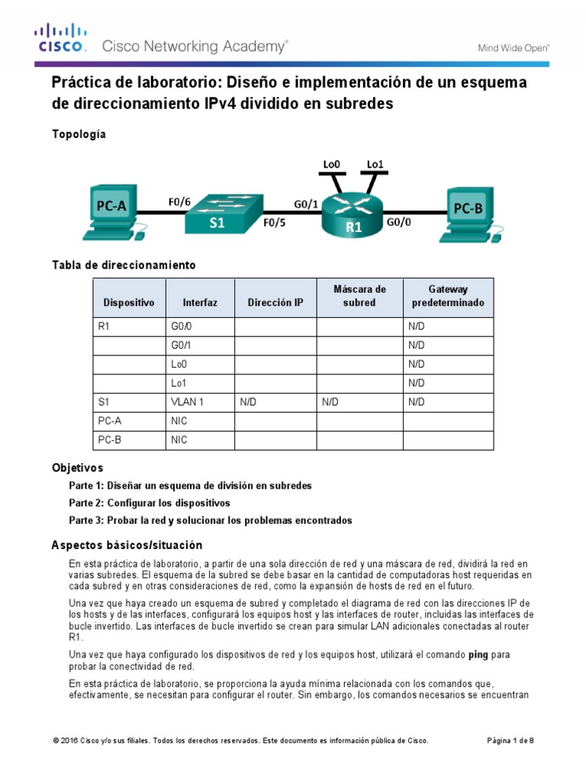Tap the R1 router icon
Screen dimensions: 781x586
pyautogui.click(x=352, y=216)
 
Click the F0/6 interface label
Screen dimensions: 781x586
pyautogui.click(x=180, y=202)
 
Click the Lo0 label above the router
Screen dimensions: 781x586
pyautogui.click(x=331, y=163)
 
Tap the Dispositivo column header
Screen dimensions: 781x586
pyautogui.click(x=128, y=303)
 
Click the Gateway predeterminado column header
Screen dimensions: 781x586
pyautogui.click(x=448, y=296)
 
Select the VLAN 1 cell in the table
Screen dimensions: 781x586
pyautogui.click(x=188, y=401)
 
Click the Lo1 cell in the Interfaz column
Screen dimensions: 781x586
pyautogui.click(x=179, y=382)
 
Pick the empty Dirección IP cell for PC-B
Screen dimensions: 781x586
pyautogui.click(x=275, y=440)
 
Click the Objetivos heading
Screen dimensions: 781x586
pyautogui.click(x=77, y=467)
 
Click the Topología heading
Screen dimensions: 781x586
pyautogui.click(x=79, y=134)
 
